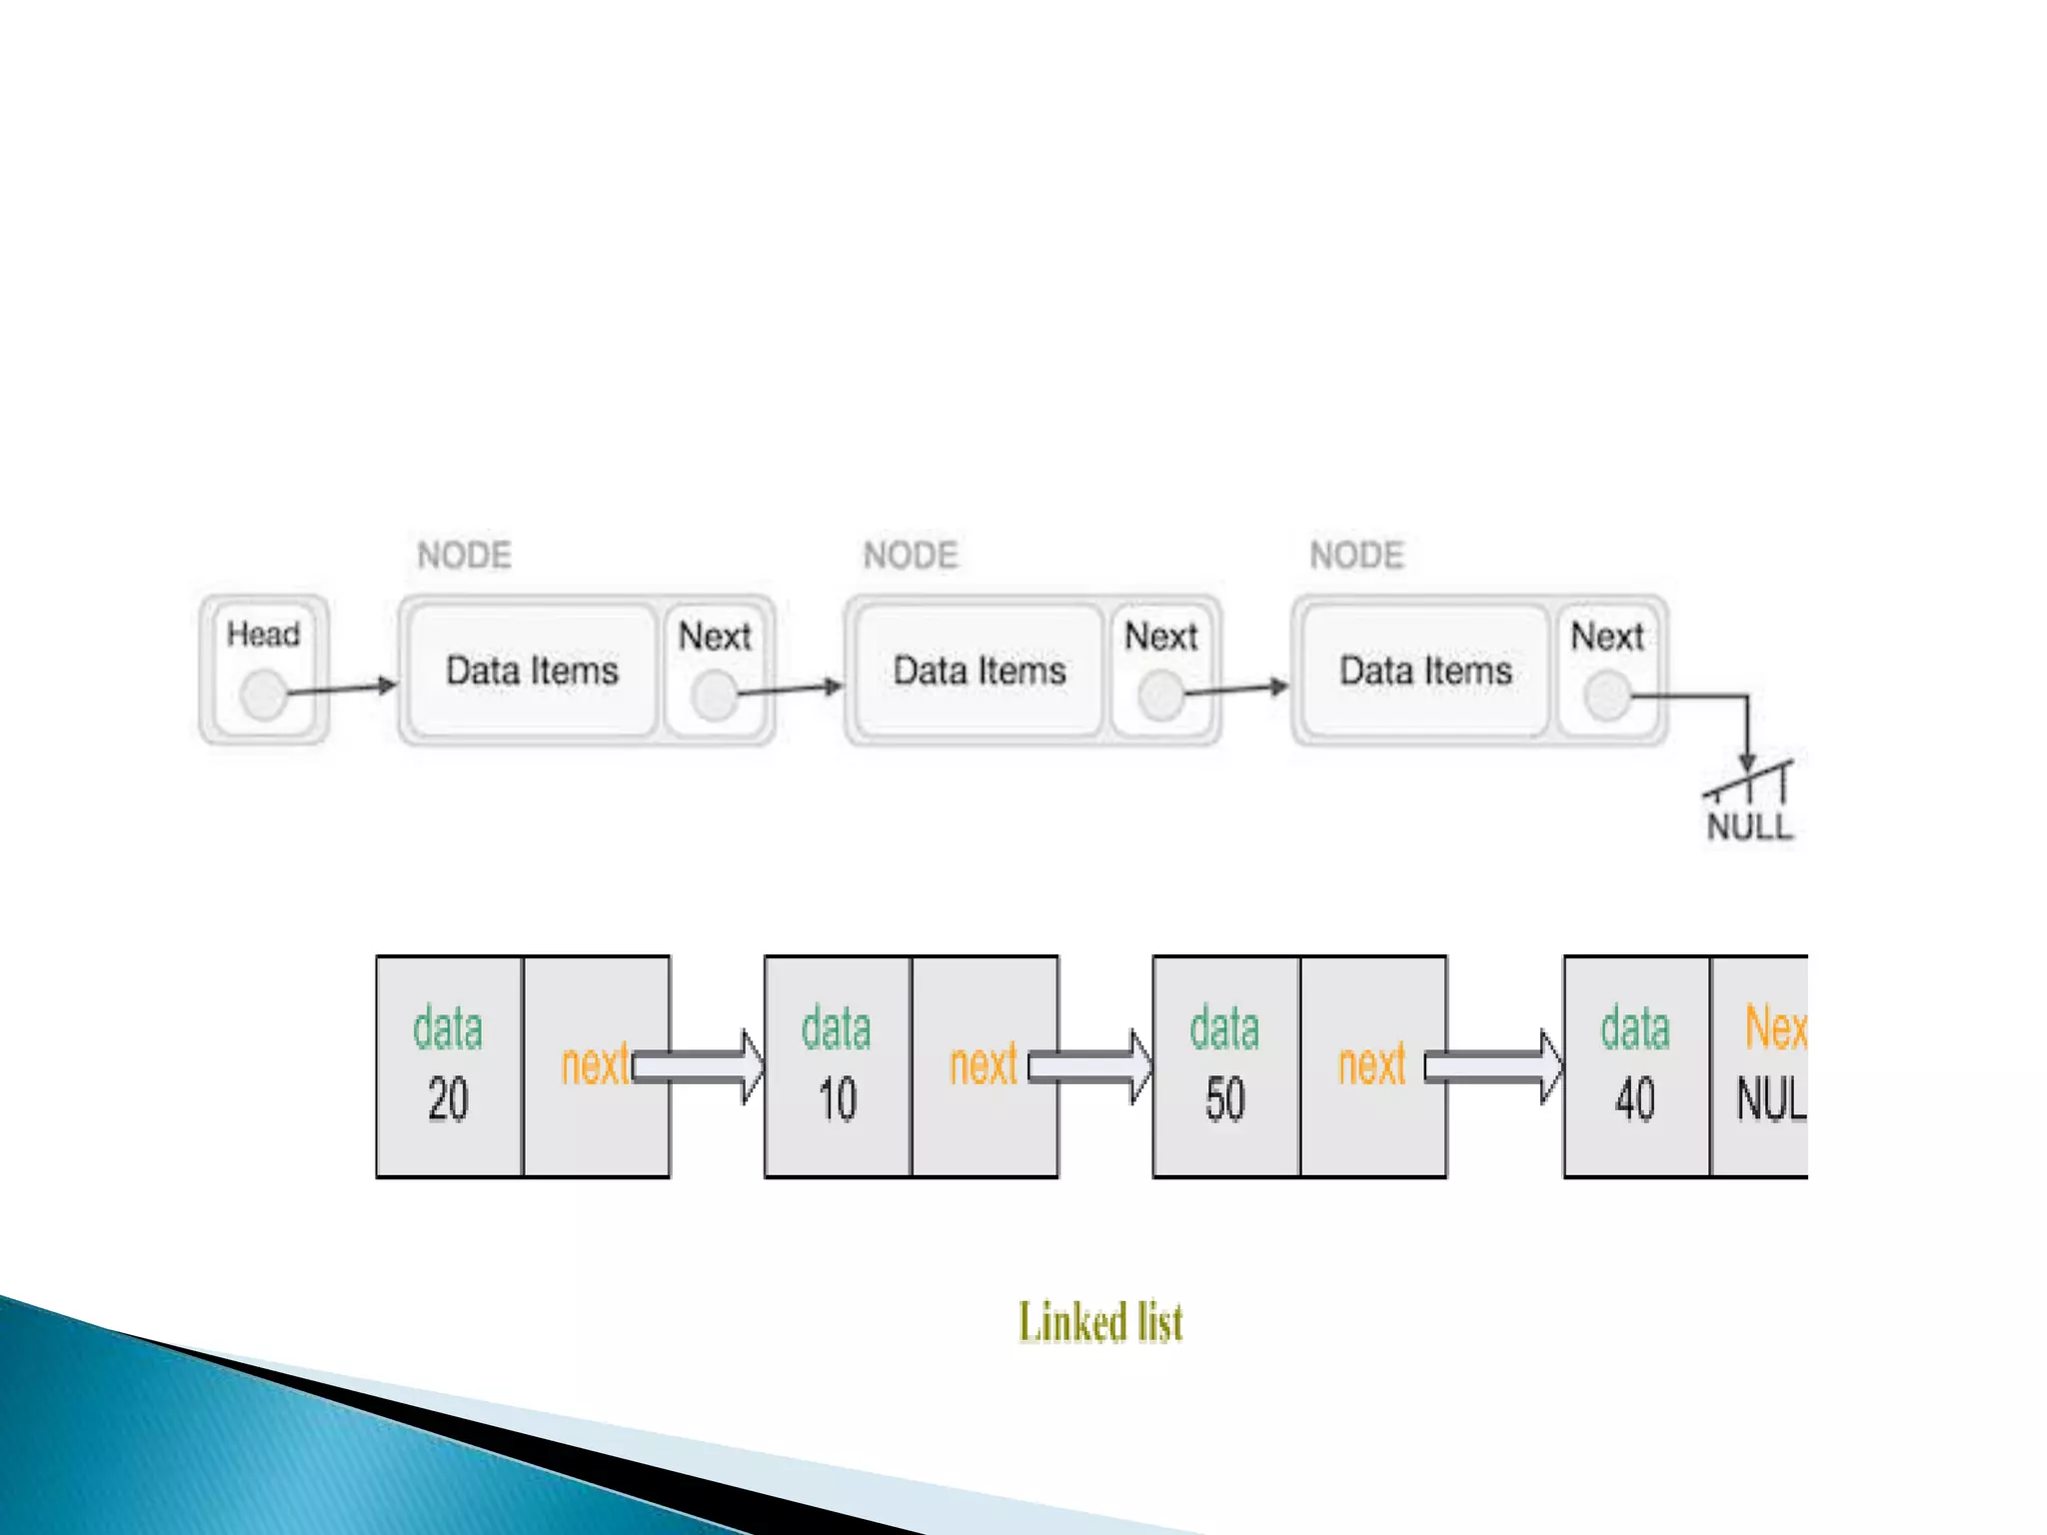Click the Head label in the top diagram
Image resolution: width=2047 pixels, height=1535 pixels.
(x=263, y=634)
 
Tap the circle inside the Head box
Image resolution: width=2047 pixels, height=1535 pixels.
(x=264, y=694)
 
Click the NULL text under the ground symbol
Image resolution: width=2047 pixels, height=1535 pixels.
(x=1749, y=826)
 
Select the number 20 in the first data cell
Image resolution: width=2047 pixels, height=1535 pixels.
(x=448, y=1099)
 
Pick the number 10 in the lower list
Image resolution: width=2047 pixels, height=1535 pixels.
(x=837, y=1099)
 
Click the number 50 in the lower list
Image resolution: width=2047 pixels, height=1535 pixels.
(x=1224, y=1099)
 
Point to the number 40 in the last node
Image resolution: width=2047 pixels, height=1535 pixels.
(x=1634, y=1099)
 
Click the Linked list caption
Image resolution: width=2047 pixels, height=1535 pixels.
(x=1100, y=1322)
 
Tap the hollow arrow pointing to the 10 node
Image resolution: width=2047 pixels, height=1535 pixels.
(x=699, y=1066)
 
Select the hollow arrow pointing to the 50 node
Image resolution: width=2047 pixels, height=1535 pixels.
(x=1090, y=1066)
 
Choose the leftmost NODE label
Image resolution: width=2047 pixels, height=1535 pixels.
(x=464, y=555)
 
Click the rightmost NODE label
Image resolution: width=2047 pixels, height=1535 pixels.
(x=1356, y=555)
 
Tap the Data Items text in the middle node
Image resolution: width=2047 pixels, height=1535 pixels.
(x=979, y=671)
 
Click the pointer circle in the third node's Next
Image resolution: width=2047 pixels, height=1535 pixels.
(x=1607, y=696)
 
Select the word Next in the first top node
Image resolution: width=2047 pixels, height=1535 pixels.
(x=715, y=637)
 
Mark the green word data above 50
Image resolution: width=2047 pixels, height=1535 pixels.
(x=1224, y=1028)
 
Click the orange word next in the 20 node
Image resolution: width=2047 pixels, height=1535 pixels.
(x=596, y=1064)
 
